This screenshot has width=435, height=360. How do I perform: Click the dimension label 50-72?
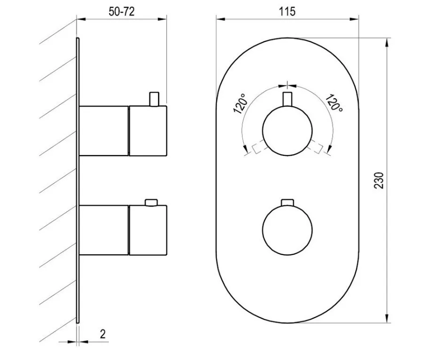pyautogui.click(x=122, y=11)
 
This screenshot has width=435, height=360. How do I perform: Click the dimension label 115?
pyautogui.click(x=287, y=11)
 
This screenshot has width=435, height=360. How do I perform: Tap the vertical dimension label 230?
pyautogui.click(x=379, y=180)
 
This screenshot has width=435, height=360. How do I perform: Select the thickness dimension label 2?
pyautogui.click(x=103, y=334)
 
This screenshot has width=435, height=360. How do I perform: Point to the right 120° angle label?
pyautogui.click(x=334, y=103)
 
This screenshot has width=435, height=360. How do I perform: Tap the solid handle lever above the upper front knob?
pyautogui.click(x=287, y=99)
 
